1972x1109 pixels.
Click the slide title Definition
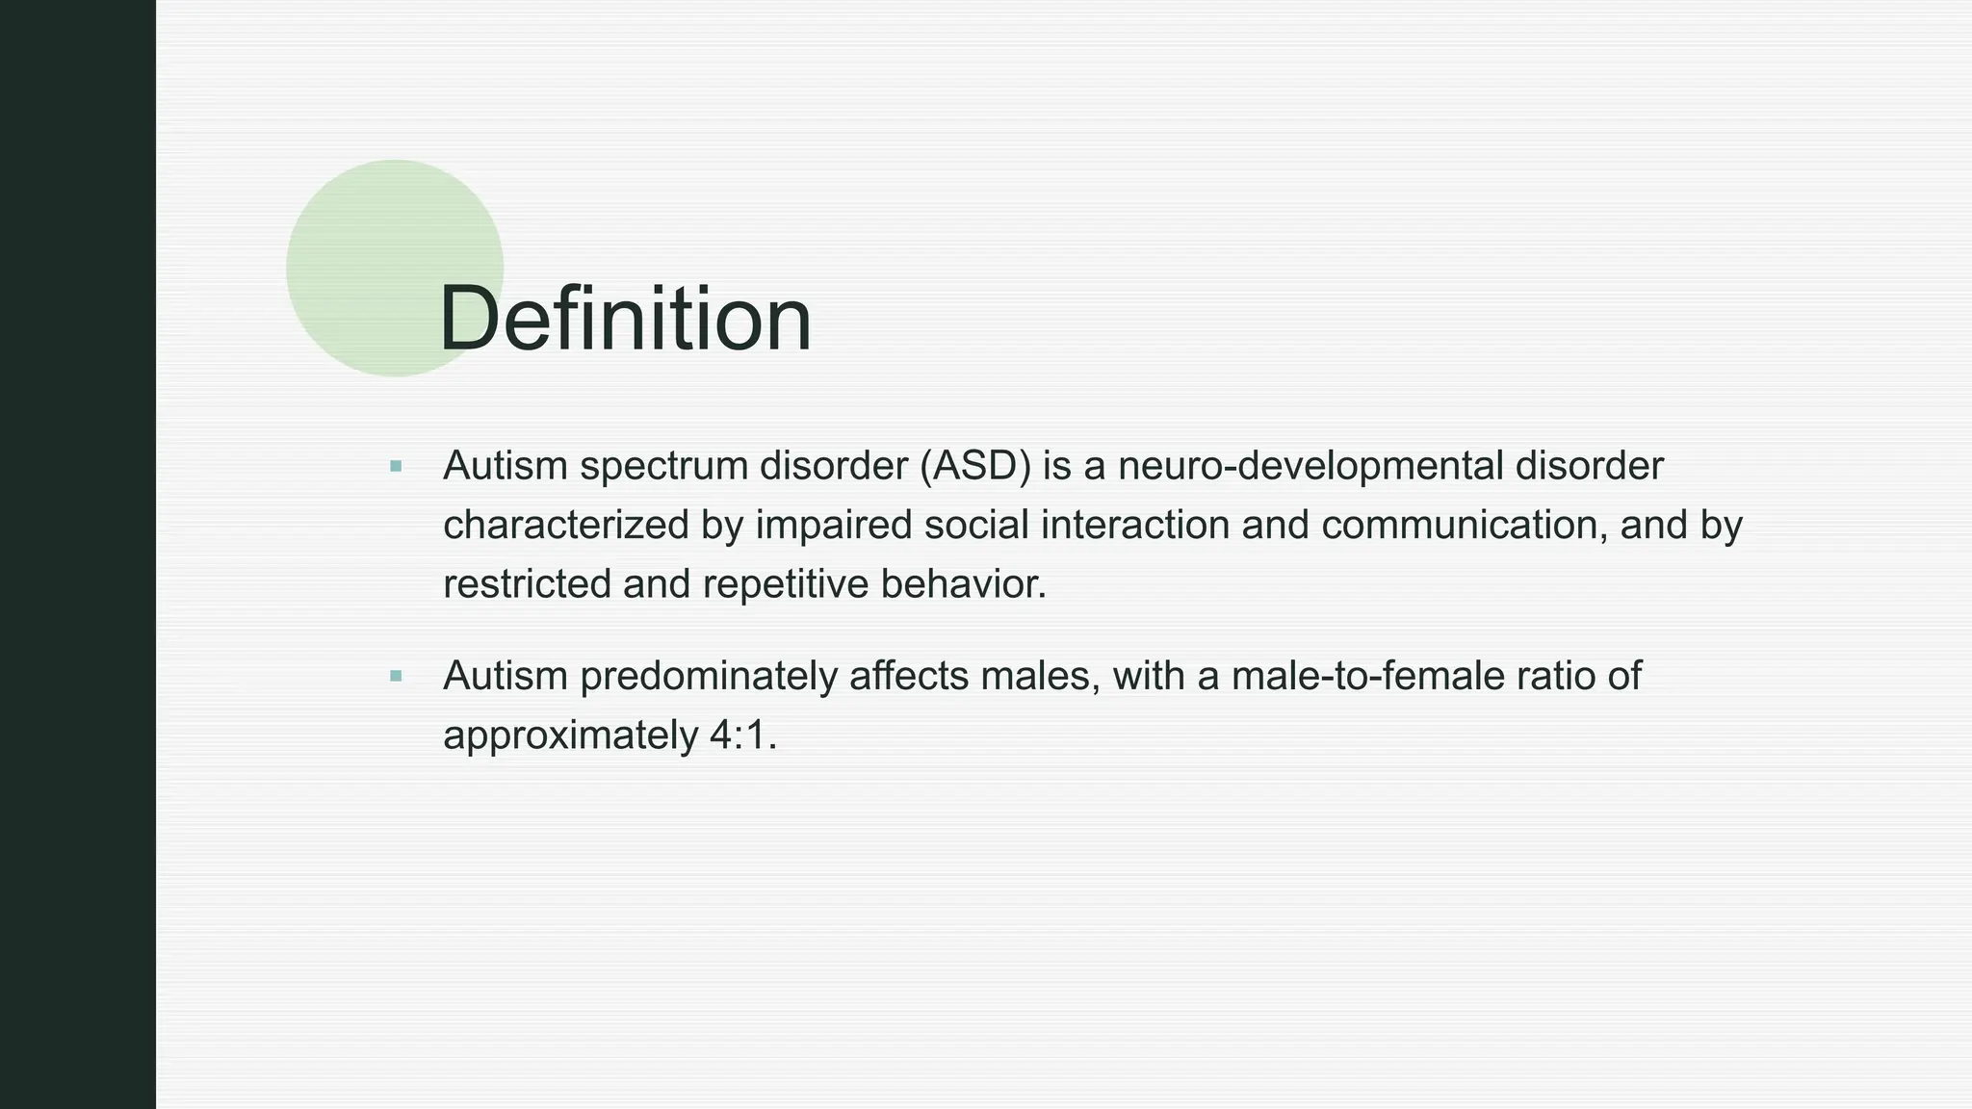point(625,320)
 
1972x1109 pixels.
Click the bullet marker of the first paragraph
point(396,467)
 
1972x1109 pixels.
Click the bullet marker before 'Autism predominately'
point(396,677)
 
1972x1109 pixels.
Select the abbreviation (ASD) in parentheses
point(974,466)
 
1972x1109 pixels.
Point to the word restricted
point(527,584)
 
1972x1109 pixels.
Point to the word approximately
point(570,735)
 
